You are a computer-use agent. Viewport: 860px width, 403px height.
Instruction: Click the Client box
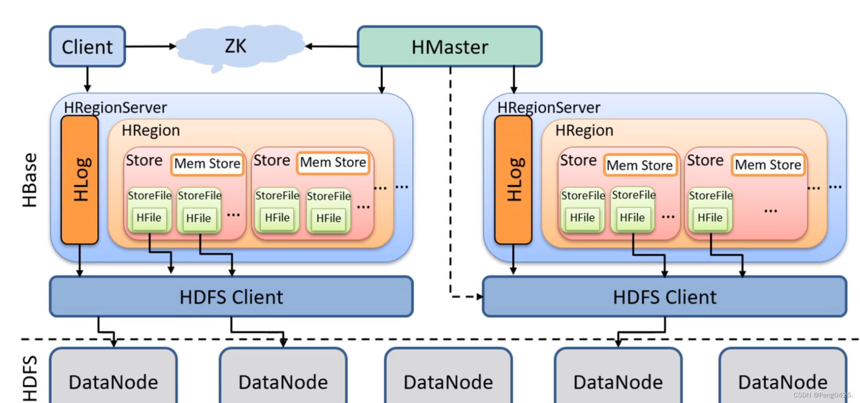click(87, 46)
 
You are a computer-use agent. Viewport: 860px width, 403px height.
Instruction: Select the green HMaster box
click(449, 46)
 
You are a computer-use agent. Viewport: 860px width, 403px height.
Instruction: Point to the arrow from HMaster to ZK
click(332, 46)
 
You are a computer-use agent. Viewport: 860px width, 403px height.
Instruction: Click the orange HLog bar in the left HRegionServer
click(80, 180)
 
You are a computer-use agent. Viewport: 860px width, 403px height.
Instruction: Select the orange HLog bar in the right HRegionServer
click(513, 180)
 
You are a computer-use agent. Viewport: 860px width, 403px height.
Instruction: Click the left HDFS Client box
click(231, 297)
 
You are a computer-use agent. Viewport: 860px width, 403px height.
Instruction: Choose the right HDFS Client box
click(664, 297)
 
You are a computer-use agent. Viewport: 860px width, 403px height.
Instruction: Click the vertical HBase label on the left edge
click(30, 180)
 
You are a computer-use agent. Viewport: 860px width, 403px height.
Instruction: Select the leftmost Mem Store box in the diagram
click(207, 164)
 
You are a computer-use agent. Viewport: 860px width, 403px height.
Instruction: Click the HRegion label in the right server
click(584, 130)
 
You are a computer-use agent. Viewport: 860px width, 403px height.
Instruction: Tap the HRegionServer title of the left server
click(115, 107)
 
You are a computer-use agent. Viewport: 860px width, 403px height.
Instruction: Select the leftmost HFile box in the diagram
click(149, 218)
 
